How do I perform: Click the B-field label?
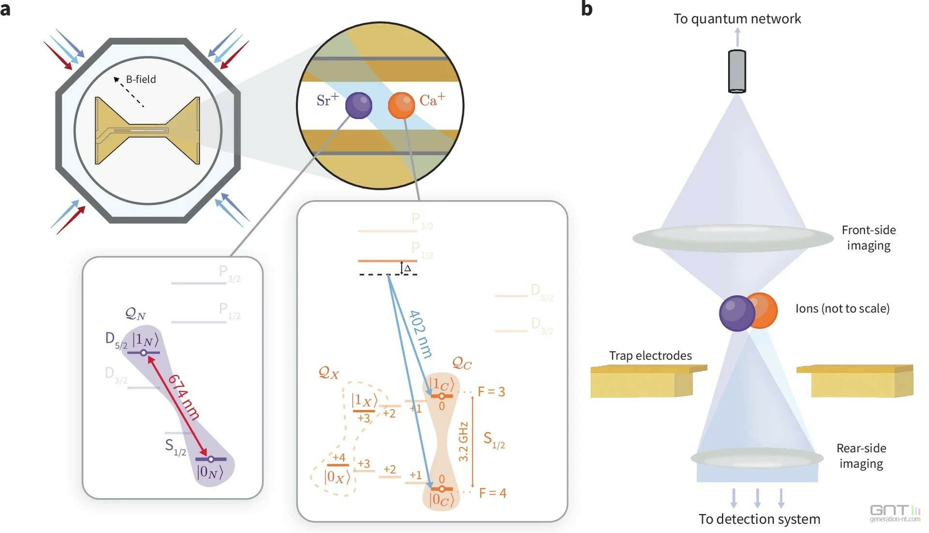(x=141, y=79)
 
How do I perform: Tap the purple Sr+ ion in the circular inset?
(x=359, y=105)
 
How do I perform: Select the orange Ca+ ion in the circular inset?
(x=401, y=106)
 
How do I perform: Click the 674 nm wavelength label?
(x=183, y=396)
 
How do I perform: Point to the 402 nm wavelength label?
(x=420, y=334)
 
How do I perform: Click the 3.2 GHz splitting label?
(x=463, y=442)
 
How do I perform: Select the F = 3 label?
(x=491, y=392)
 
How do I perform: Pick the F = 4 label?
(x=493, y=493)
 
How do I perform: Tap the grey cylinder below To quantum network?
(x=737, y=71)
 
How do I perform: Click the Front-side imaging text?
(x=869, y=238)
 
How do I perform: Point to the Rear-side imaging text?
(x=861, y=456)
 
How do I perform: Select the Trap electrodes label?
(x=650, y=356)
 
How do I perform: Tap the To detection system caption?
(x=759, y=519)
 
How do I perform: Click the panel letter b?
(x=586, y=9)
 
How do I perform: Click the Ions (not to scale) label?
(x=842, y=309)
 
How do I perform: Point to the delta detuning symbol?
(x=407, y=268)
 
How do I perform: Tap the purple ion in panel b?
(x=736, y=313)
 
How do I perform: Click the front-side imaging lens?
(x=733, y=238)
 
